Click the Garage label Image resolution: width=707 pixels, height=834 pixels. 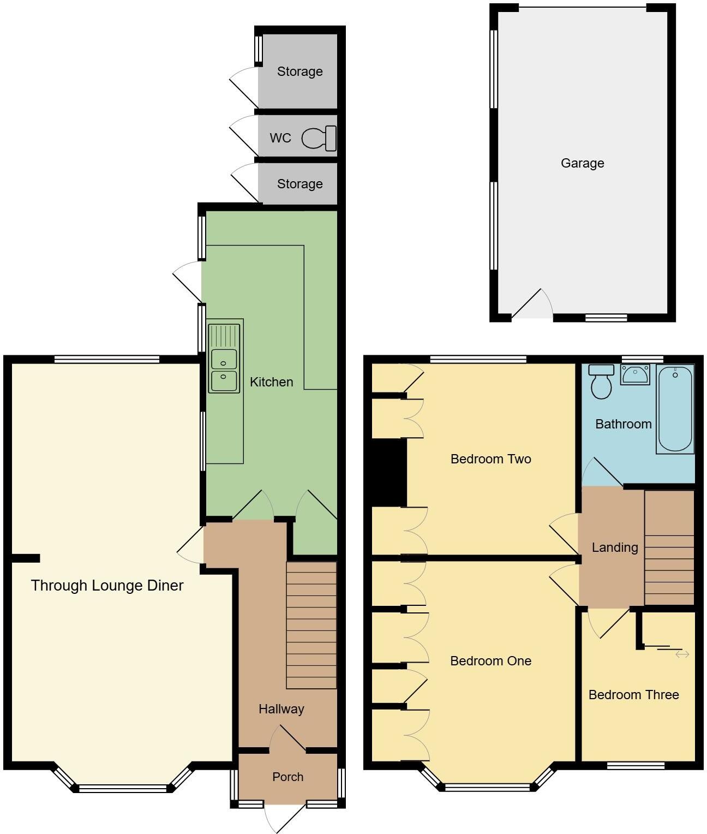(x=582, y=163)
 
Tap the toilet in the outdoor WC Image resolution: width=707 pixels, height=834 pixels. (x=319, y=138)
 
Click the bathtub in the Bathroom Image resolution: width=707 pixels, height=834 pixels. (x=675, y=409)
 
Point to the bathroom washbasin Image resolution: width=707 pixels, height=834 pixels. (x=635, y=375)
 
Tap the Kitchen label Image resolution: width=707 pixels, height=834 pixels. (x=271, y=382)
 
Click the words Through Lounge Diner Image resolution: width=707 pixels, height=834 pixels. (x=107, y=586)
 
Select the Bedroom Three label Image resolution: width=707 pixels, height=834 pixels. (x=633, y=695)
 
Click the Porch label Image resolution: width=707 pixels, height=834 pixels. (x=287, y=777)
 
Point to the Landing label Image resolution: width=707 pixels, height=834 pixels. (x=615, y=547)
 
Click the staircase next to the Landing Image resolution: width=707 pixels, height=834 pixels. (x=669, y=547)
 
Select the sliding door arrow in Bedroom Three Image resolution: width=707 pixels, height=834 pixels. (x=682, y=654)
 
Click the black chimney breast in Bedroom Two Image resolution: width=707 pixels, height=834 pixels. (x=388, y=473)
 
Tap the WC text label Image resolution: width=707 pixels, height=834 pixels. (x=280, y=138)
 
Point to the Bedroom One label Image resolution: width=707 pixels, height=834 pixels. (x=490, y=661)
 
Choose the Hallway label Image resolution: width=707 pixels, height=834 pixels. (x=281, y=709)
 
